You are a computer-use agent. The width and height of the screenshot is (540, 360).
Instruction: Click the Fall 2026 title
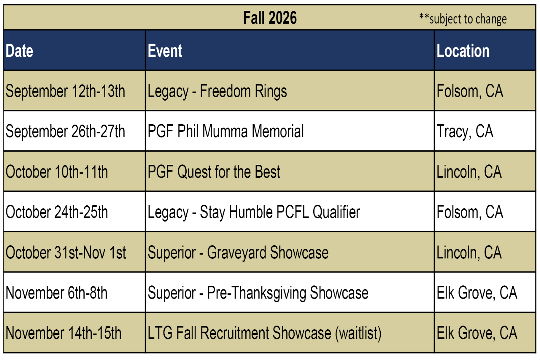click(270, 18)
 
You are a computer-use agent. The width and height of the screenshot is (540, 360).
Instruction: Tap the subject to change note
click(463, 19)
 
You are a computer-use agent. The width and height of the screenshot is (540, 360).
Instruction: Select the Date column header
click(19, 51)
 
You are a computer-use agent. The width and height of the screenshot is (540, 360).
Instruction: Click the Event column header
click(165, 51)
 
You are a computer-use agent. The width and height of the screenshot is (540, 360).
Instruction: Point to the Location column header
click(463, 51)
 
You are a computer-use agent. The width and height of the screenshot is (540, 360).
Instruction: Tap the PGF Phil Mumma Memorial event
click(226, 131)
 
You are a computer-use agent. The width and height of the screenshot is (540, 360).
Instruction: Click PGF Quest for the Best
click(214, 172)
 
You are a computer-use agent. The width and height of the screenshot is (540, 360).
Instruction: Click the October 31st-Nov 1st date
click(65, 253)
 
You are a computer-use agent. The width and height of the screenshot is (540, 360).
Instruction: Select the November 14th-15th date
click(63, 333)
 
